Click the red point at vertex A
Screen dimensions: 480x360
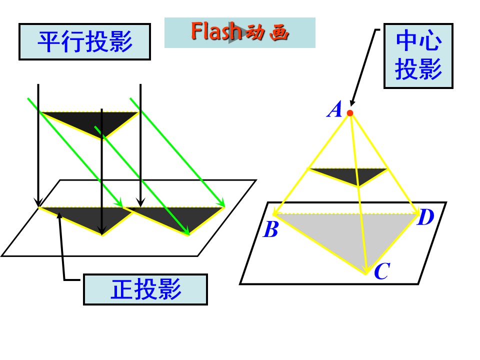click(x=350, y=113)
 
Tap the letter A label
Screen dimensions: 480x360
click(x=335, y=109)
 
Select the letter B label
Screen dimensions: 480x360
click(x=270, y=229)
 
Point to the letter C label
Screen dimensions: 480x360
click(x=382, y=271)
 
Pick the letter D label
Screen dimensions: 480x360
click(x=426, y=217)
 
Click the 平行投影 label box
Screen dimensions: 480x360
click(x=85, y=41)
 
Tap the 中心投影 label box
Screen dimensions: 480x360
click(x=418, y=56)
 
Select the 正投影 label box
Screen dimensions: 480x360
click(x=145, y=289)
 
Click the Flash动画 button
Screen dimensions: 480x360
click(x=239, y=32)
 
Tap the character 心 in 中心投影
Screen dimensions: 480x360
click(x=430, y=40)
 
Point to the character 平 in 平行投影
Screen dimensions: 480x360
click(x=49, y=41)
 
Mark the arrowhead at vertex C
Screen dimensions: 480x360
click(x=365, y=269)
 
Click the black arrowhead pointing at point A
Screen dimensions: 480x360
click(x=353, y=102)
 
